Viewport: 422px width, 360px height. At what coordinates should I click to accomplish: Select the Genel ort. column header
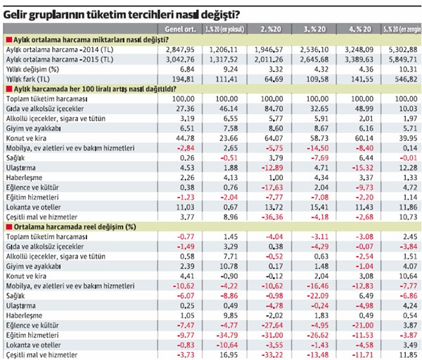179,29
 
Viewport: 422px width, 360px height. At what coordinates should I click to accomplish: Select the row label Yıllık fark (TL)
30,80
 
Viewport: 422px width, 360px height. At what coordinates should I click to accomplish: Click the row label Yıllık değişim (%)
34,70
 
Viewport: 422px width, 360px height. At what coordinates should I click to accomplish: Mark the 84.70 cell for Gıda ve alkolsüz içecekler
271,111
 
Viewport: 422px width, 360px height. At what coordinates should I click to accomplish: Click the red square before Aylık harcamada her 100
8,91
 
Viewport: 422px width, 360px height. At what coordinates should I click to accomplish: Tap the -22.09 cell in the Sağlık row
314,297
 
